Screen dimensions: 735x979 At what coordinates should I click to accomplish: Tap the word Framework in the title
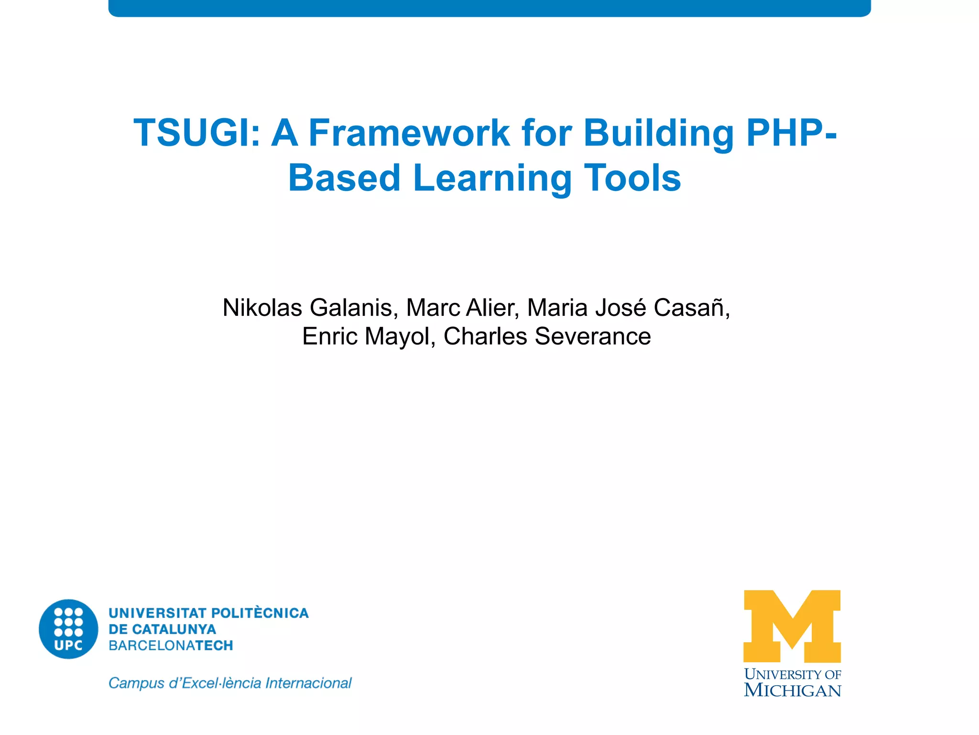pos(409,133)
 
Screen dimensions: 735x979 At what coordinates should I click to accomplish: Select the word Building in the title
pos(658,133)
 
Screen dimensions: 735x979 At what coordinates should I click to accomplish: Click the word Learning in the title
pos(492,178)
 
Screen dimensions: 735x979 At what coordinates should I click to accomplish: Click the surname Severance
pos(592,336)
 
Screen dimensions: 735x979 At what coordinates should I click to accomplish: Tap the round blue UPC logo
pos(68,629)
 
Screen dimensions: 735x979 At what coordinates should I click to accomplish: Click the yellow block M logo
pos(792,626)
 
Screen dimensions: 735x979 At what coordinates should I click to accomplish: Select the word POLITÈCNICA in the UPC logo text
pos(260,613)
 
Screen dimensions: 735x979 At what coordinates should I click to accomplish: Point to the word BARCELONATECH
pos(171,646)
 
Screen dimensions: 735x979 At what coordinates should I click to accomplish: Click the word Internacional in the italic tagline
pos(308,683)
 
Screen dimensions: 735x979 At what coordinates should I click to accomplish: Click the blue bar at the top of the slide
pos(489,8)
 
